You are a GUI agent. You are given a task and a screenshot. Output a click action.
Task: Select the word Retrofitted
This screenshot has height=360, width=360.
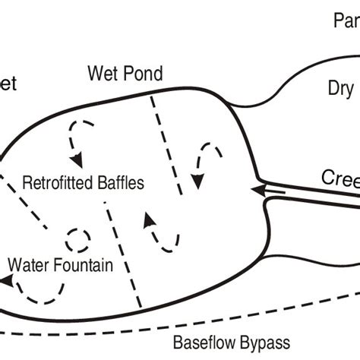(59, 183)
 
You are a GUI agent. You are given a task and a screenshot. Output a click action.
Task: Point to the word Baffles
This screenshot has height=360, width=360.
(121, 183)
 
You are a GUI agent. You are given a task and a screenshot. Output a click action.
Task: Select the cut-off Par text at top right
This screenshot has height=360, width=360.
(346, 21)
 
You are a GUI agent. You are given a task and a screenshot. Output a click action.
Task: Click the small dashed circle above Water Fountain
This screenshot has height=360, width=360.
(77, 240)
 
